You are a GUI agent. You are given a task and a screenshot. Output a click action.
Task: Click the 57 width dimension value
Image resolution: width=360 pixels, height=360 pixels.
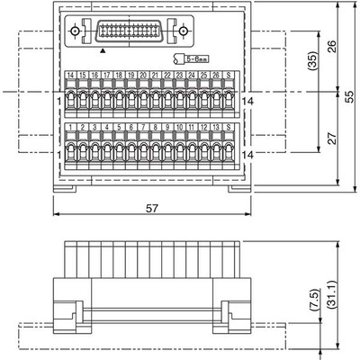(153, 208)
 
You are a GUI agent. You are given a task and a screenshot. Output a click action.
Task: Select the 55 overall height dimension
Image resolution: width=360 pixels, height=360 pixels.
(349, 95)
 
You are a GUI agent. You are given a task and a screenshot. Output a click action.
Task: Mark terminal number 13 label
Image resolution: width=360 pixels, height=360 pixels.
(217, 128)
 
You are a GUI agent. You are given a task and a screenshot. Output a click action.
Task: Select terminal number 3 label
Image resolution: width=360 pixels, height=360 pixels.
(95, 128)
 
